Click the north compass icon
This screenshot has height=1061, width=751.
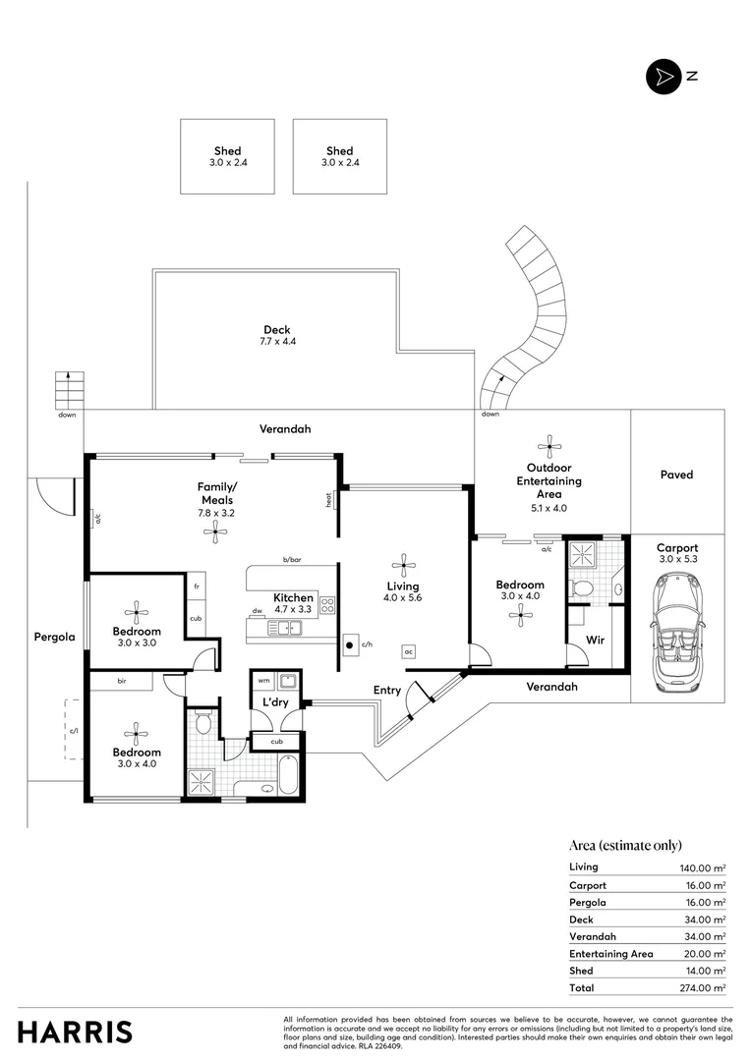(x=662, y=77)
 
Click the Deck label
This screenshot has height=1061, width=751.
(x=276, y=330)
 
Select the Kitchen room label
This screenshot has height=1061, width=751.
(x=293, y=597)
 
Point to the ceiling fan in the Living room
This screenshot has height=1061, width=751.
(x=402, y=564)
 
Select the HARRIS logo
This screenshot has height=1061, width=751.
(x=75, y=1032)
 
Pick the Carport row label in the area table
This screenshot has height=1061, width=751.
(x=588, y=885)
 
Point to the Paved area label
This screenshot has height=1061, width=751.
(x=676, y=475)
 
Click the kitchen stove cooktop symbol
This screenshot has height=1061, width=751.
(x=328, y=605)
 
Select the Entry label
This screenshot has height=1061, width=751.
(x=386, y=691)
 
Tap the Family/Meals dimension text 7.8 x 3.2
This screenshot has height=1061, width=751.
(x=216, y=513)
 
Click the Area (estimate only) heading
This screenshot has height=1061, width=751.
(x=625, y=845)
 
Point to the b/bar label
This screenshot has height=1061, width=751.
(x=292, y=559)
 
